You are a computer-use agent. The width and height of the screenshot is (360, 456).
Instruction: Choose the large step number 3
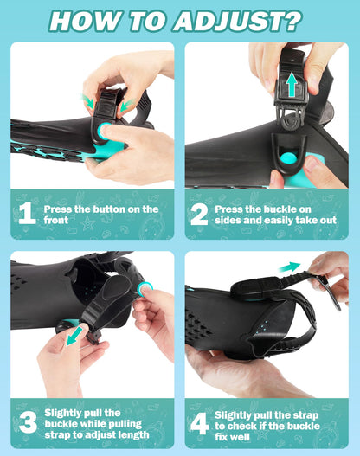(x=26, y=422)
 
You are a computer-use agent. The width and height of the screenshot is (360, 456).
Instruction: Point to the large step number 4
(x=200, y=422)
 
